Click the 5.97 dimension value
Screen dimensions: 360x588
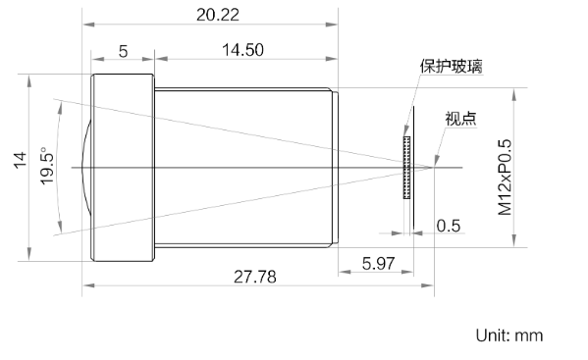[x=379, y=263]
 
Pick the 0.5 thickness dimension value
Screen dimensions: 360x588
[x=449, y=226]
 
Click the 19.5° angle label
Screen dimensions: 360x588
[x=45, y=168]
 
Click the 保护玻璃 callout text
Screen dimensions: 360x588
[x=451, y=67]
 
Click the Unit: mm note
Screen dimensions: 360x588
[x=509, y=335]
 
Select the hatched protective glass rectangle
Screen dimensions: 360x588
[x=405, y=168]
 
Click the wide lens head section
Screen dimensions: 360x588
[x=124, y=168]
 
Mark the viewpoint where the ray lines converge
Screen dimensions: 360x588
[x=433, y=168]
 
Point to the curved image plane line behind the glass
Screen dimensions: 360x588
[x=415, y=168]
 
